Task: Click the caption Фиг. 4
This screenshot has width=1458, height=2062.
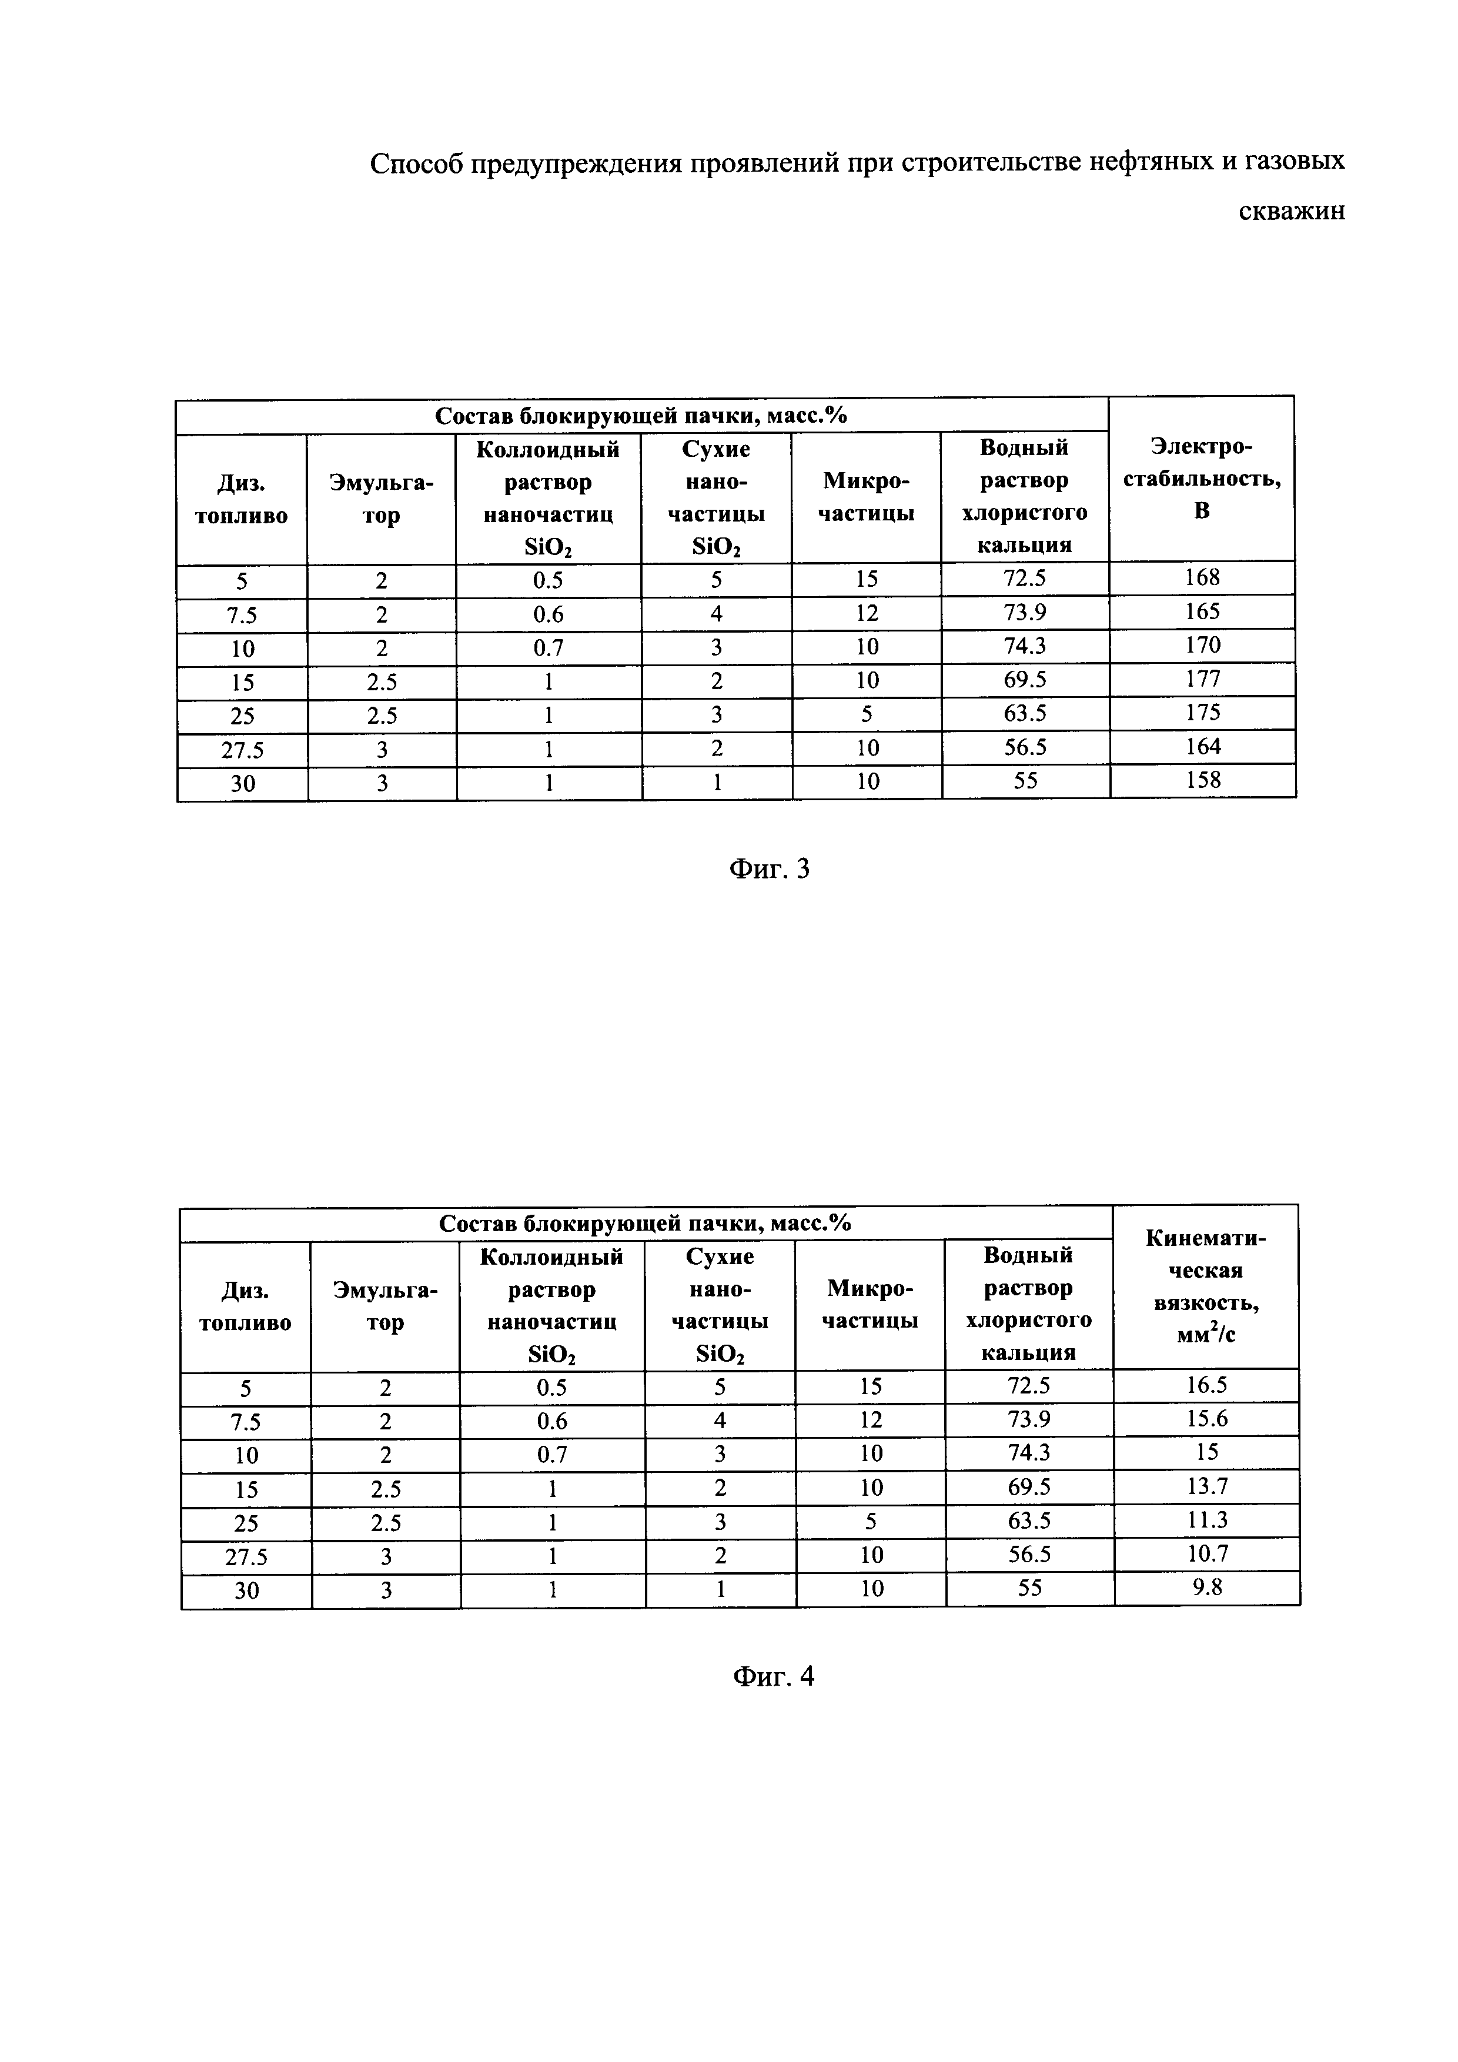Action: click(x=774, y=1676)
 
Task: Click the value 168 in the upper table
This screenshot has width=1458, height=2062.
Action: click(x=1202, y=577)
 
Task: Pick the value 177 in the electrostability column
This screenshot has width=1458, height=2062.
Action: click(x=1202, y=679)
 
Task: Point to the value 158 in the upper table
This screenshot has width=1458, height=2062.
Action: click(x=1203, y=780)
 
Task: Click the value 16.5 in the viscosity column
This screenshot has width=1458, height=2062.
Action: click(x=1206, y=1385)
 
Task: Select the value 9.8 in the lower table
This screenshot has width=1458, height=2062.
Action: click(x=1208, y=1587)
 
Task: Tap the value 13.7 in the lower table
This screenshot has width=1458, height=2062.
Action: click(x=1206, y=1486)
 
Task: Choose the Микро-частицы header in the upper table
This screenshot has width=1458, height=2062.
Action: click(x=867, y=497)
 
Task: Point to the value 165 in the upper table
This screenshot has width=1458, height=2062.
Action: click(x=1202, y=611)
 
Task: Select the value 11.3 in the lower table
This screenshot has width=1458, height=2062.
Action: click(x=1206, y=1519)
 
